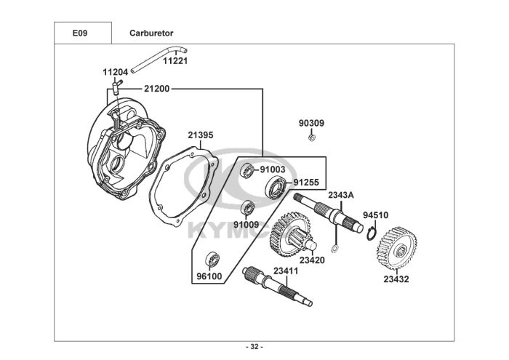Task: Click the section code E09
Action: [x=80, y=33]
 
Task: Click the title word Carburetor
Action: [x=151, y=33]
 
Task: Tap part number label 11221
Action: [x=175, y=61]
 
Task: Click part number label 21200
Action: [x=157, y=89]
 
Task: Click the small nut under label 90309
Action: [x=312, y=137]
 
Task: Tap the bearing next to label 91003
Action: [x=247, y=170]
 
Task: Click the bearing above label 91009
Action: [x=248, y=208]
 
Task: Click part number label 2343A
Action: [x=341, y=195]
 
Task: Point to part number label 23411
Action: [x=286, y=271]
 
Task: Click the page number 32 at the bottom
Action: [x=254, y=347]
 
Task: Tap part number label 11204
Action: [x=115, y=72]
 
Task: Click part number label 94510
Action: [x=376, y=215]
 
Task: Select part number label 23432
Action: [x=396, y=279]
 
